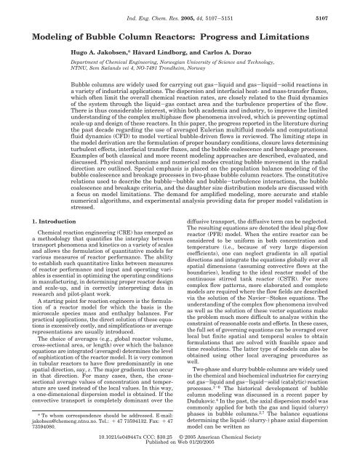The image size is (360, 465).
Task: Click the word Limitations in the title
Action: click(x=303, y=38)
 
